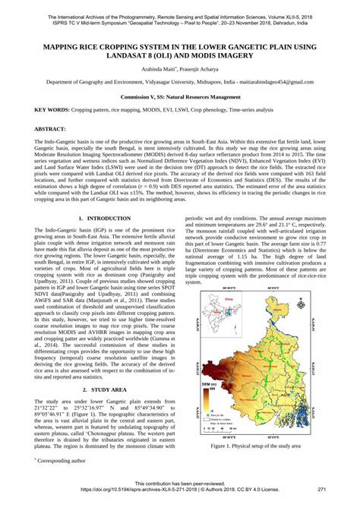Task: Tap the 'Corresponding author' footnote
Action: (x=62, y=460)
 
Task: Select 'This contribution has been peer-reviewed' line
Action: (x=180, y=483)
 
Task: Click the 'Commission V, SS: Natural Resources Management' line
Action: (x=180, y=98)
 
